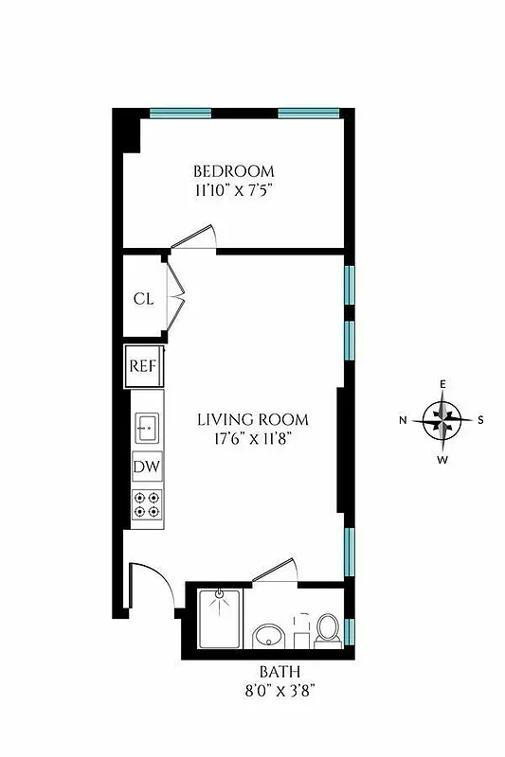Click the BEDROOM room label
(x=234, y=171)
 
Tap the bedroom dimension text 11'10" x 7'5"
(x=234, y=189)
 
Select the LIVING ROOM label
(x=253, y=419)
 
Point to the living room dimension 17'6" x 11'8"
(x=253, y=438)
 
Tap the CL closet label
(x=143, y=299)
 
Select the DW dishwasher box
(x=146, y=467)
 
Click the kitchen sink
(x=146, y=428)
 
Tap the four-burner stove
(x=146, y=503)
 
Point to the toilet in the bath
(x=328, y=627)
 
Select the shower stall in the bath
(x=219, y=617)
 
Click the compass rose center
(x=442, y=419)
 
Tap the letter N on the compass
(x=403, y=419)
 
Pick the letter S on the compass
(x=481, y=419)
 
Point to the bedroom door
(x=195, y=238)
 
